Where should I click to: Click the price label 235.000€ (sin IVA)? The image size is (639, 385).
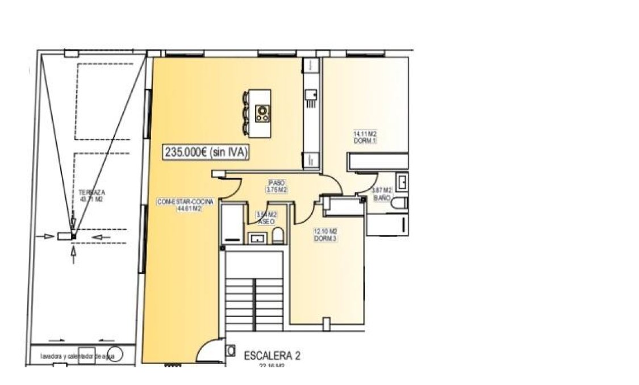(x=207, y=152)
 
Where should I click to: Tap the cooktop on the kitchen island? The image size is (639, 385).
(x=262, y=112)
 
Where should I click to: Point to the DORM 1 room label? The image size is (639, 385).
(x=365, y=137)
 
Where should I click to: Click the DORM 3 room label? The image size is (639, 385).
(x=325, y=235)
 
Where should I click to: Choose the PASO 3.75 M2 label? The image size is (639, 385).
(x=277, y=187)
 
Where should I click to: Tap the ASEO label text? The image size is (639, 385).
(x=266, y=221)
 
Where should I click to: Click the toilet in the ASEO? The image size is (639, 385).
(x=278, y=236)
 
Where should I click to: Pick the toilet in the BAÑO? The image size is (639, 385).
(x=400, y=204)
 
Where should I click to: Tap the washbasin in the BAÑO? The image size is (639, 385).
(x=402, y=182)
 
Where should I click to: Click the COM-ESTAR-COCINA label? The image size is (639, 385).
(x=181, y=205)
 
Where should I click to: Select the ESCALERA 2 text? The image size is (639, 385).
(x=272, y=356)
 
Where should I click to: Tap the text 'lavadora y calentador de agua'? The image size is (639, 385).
(x=78, y=357)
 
